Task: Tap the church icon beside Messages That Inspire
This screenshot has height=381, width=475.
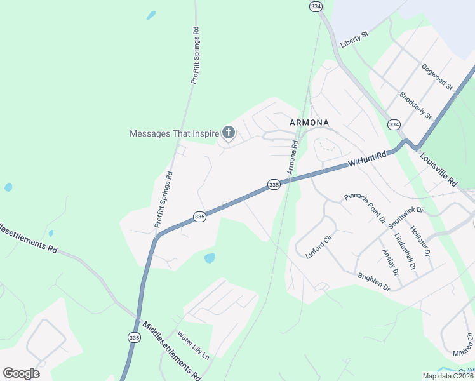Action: [x=229, y=133]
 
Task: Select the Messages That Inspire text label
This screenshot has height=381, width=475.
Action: [x=174, y=133]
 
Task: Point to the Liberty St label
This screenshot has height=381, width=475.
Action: [x=354, y=38]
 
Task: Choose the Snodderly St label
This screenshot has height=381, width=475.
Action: [x=415, y=106]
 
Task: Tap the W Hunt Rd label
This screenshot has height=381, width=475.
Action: [x=367, y=159]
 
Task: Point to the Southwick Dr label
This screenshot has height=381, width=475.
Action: [x=401, y=217]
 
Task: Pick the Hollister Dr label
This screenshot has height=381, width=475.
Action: [x=420, y=241]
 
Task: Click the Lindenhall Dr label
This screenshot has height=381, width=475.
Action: [x=404, y=251]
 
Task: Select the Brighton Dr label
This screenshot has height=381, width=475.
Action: [x=373, y=282]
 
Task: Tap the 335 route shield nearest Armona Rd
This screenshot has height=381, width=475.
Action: [x=274, y=184]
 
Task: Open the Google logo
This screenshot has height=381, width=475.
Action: [x=21, y=373]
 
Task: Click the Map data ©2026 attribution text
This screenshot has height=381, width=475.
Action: [x=448, y=376]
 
